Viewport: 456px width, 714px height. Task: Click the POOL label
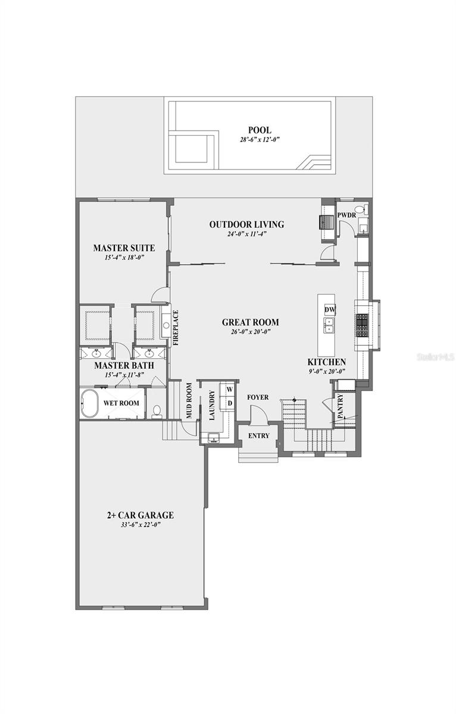click(x=260, y=130)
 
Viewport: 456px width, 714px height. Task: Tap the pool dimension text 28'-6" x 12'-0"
click(x=260, y=140)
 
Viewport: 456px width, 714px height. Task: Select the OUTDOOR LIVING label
click(x=246, y=224)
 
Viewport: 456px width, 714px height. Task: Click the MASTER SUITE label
click(x=124, y=248)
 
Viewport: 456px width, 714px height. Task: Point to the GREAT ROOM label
click(x=250, y=322)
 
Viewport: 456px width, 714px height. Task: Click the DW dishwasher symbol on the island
click(x=329, y=309)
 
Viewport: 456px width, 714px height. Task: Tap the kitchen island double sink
click(x=329, y=325)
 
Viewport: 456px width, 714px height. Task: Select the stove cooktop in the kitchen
click(x=362, y=325)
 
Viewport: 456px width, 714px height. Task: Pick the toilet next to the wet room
click(x=157, y=410)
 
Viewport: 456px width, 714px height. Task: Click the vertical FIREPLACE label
click(x=176, y=328)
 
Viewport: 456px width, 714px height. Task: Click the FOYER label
click(x=258, y=397)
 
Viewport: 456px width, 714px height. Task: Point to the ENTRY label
click(x=258, y=436)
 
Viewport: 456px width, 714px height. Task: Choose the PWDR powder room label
click(x=346, y=215)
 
